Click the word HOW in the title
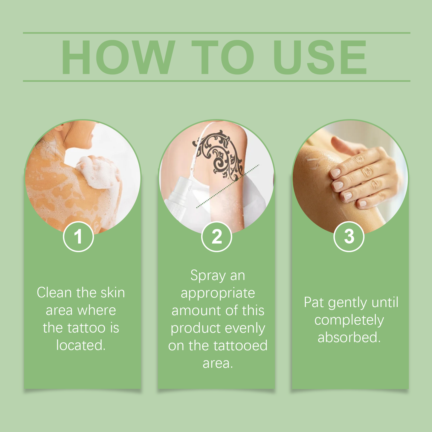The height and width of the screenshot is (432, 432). pyautogui.click(x=118, y=57)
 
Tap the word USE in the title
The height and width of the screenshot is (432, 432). pyautogui.click(x=320, y=57)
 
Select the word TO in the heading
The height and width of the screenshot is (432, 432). pyautogui.click(x=223, y=57)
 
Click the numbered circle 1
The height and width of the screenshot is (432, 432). pyautogui.click(x=78, y=237)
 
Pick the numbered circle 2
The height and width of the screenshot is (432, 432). pyautogui.click(x=216, y=237)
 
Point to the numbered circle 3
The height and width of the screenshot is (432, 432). pyautogui.click(x=349, y=237)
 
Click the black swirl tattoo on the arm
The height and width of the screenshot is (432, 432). pyautogui.click(x=219, y=155)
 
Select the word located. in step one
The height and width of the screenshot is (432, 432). pyautogui.click(x=81, y=345)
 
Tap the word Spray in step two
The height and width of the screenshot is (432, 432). pyautogui.click(x=208, y=276)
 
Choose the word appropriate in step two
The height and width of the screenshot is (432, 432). pyautogui.click(x=218, y=294)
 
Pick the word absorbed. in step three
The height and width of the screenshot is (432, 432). pyautogui.click(x=349, y=338)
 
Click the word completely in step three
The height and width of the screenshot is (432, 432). pyautogui.click(x=349, y=320)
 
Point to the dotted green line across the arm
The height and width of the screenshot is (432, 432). pyautogui.click(x=228, y=186)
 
